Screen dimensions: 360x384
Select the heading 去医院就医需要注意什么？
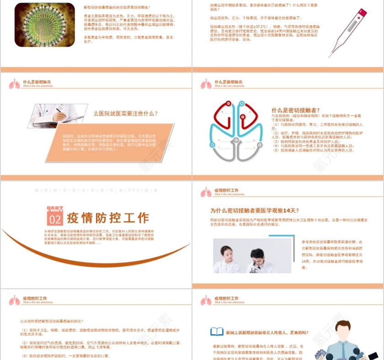126,114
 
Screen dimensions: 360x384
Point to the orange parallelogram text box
110,143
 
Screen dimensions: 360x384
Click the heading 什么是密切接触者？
294,110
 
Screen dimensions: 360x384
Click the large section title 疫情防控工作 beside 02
108,218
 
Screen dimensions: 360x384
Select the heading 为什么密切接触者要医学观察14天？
255,211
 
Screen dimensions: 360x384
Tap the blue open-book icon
217,332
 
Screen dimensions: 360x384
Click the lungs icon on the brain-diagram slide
206,84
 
